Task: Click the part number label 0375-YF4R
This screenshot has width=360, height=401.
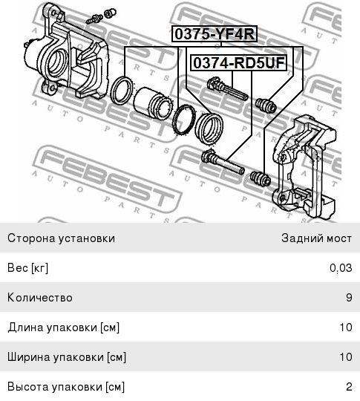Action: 215,33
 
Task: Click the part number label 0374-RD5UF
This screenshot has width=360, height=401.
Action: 239,63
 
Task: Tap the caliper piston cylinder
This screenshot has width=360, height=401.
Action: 152,103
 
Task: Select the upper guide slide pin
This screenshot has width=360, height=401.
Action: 227,88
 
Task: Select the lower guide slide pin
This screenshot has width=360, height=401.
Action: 223,162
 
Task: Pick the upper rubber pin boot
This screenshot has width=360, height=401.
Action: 266,105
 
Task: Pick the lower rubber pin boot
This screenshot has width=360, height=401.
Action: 261,178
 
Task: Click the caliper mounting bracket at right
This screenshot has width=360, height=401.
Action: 304,166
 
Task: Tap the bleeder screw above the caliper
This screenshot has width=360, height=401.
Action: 94,19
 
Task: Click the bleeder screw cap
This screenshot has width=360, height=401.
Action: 110,13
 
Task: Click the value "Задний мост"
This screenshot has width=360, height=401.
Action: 316,238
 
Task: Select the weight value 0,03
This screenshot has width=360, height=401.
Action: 341,268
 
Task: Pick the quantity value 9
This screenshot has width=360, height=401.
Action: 349,298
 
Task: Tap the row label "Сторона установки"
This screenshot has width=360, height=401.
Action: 61,238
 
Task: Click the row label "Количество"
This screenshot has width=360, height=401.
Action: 40,298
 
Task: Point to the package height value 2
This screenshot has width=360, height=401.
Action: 349,386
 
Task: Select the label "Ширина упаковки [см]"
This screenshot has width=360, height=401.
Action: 67,357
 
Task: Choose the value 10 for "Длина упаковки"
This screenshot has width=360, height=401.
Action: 346,327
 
